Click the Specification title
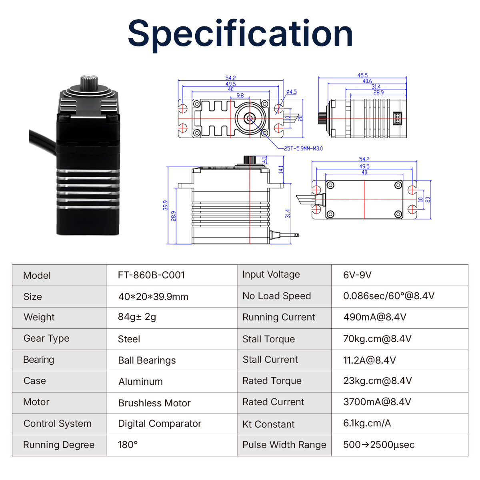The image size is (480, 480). click(x=240, y=34)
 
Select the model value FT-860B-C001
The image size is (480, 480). click(x=151, y=275)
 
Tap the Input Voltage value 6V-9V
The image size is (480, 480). click(x=357, y=275)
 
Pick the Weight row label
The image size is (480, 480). click(x=39, y=317)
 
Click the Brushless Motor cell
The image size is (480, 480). click(x=154, y=403)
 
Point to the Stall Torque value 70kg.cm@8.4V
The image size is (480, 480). click(x=377, y=339)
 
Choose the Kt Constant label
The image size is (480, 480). click(x=268, y=424)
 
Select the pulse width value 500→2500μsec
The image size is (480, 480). click(x=378, y=445)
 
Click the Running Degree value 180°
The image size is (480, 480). click(x=128, y=445)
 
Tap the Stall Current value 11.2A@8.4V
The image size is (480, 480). click(x=369, y=360)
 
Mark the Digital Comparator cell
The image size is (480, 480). click(x=160, y=424)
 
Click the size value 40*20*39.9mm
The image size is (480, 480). click(x=153, y=297)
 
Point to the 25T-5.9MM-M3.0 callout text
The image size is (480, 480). click(x=303, y=148)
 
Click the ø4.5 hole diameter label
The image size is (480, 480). click(x=292, y=92)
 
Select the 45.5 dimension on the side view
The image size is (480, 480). click(x=362, y=75)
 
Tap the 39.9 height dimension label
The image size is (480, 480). click(x=165, y=205)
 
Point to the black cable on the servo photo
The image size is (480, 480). click(x=42, y=140)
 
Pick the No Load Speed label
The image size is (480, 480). click(x=276, y=296)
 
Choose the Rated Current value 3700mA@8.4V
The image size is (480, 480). click(x=377, y=402)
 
